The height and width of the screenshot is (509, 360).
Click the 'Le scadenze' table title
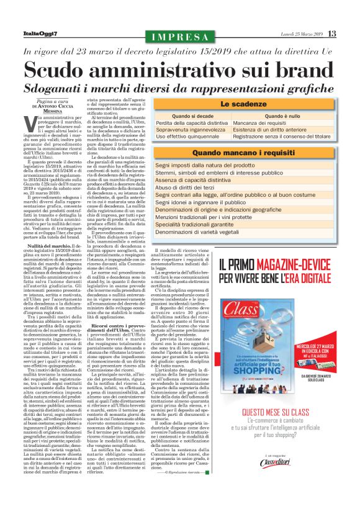243,104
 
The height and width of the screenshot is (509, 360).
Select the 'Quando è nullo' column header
286,115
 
